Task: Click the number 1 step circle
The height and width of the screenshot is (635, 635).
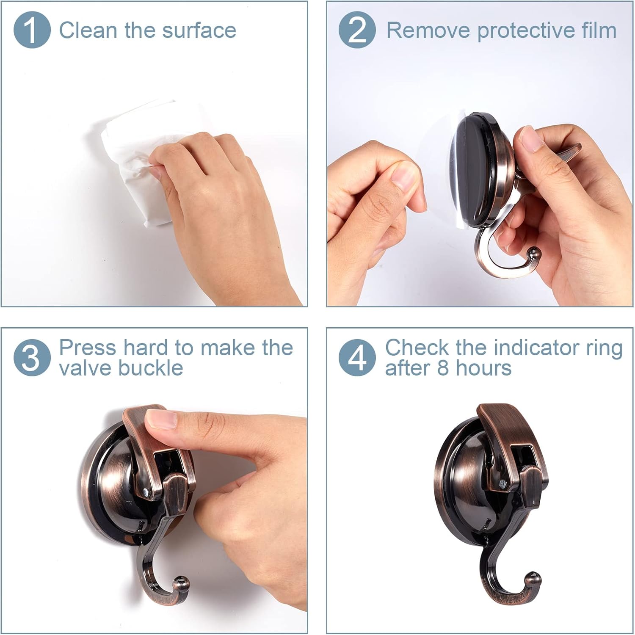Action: point(32,30)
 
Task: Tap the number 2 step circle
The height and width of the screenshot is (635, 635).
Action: point(357,30)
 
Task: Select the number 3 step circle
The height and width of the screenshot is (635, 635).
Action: point(32,358)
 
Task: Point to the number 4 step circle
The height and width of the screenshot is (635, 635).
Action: point(357,358)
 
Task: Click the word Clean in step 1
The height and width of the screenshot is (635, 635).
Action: point(88,30)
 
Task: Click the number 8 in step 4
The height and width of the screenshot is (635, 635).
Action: point(442,368)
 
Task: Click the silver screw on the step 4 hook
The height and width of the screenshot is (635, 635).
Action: point(502,483)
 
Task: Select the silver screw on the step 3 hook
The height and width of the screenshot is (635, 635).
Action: point(146,492)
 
